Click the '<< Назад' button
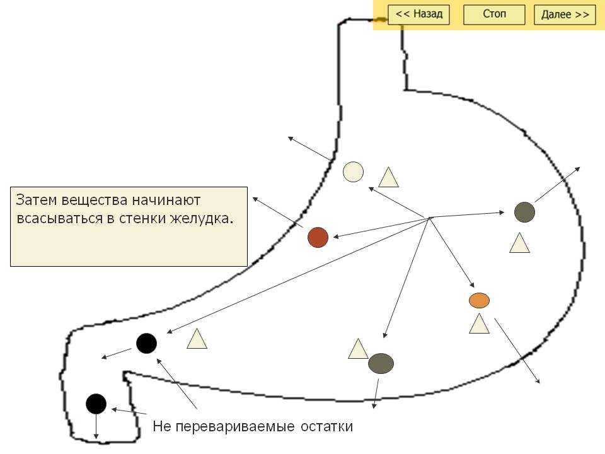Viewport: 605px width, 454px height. pyautogui.click(x=418, y=15)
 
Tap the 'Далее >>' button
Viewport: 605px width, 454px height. pyautogui.click(x=565, y=15)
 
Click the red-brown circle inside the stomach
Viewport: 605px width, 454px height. pyautogui.click(x=318, y=237)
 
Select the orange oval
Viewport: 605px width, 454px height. pyautogui.click(x=480, y=300)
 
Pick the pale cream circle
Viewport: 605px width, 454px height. pyautogui.click(x=353, y=172)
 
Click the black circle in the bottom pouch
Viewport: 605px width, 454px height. pyautogui.click(x=96, y=404)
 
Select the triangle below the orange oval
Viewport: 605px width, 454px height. pyautogui.click(x=480, y=324)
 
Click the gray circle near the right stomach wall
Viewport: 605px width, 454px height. pyautogui.click(x=524, y=212)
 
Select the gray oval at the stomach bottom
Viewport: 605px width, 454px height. pyautogui.click(x=381, y=363)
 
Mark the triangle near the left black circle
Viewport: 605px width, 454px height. pyautogui.click(x=197, y=340)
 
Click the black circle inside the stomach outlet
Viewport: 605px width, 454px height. pyautogui.click(x=146, y=343)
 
